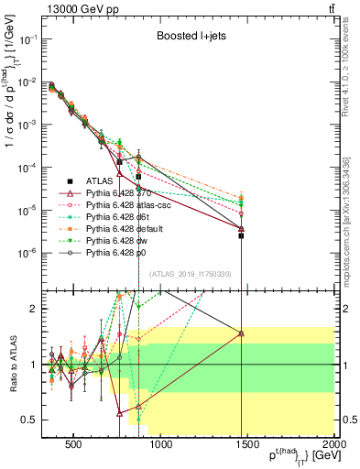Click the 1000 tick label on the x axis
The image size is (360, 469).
[x=161, y=446]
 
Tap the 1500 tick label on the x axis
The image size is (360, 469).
[x=248, y=446]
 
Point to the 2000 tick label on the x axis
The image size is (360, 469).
[x=333, y=446]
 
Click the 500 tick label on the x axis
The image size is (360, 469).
[x=75, y=446]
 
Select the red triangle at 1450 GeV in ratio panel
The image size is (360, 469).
[x=241, y=333]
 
